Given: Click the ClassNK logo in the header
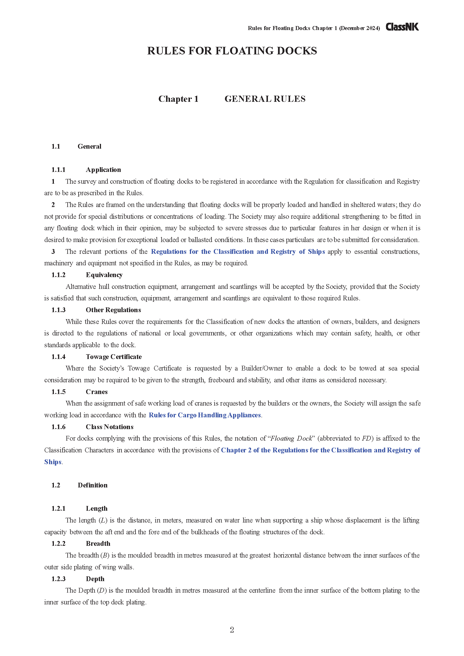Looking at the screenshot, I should (402, 27).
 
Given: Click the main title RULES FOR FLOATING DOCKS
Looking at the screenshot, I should (232, 51).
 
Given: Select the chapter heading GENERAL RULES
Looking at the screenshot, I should (265, 99).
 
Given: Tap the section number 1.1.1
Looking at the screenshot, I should (58, 170).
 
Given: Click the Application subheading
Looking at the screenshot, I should (103, 170).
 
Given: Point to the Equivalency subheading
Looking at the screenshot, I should (104, 275).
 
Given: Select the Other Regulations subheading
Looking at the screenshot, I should (113, 310).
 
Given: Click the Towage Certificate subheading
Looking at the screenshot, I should (113, 357).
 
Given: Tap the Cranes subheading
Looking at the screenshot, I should (97, 392).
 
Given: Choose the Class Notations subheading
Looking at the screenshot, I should (109, 427).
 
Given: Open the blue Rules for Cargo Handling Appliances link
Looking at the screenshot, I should (205, 415).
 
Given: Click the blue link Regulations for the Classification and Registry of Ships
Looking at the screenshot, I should (238, 252).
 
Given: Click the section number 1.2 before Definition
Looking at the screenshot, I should (56, 485).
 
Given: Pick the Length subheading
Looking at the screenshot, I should (97, 508).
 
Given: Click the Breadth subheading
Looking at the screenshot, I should (98, 544).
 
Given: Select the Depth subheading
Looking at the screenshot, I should (95, 579).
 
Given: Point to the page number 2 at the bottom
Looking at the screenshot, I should (232, 630).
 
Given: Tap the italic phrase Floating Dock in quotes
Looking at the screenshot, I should (291, 439).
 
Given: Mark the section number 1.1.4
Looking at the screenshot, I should (58, 357).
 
